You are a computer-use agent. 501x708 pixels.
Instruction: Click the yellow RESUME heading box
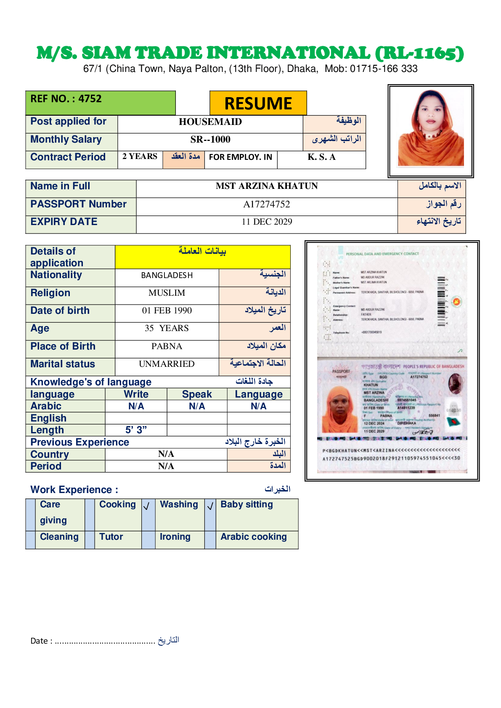[x=258, y=103]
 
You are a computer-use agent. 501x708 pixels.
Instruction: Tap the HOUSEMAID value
[x=210, y=122]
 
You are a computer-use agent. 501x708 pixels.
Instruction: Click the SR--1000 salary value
[x=210, y=140]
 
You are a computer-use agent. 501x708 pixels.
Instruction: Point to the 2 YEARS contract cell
[x=140, y=156]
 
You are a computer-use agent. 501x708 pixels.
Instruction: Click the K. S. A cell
[x=321, y=157]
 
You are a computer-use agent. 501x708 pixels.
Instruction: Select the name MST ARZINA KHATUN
[x=267, y=186]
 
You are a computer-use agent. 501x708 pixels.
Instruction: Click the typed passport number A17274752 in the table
[x=267, y=204]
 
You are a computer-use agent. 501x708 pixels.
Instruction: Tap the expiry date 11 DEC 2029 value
[x=267, y=222]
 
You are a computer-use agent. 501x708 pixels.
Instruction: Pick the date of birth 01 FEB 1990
[x=167, y=310]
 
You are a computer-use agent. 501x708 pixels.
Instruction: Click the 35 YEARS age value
[x=167, y=328]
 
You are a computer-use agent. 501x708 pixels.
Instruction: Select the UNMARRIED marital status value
[x=167, y=364]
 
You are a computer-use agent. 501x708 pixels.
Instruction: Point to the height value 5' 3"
[x=136, y=430]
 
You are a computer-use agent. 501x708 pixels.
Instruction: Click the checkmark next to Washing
[x=146, y=506]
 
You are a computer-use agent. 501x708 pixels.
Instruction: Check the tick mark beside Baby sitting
[x=210, y=506]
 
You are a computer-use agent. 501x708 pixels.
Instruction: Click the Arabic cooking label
[x=254, y=537]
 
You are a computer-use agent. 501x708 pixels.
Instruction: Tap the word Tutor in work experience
[x=111, y=537]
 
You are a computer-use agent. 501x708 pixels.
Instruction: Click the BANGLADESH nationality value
[x=167, y=275]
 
